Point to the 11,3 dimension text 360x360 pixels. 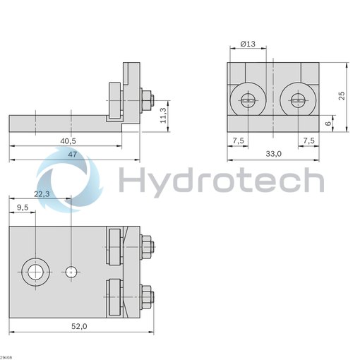tap(164, 112)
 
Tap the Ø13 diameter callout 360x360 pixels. tap(248, 44)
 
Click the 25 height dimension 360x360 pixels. tap(342, 96)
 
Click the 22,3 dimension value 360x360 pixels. tap(42, 194)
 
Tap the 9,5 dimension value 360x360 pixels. tap(22, 208)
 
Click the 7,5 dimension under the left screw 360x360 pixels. tap(238, 140)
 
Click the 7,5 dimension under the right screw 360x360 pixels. tap(308, 140)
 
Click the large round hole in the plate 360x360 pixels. tap(35, 271)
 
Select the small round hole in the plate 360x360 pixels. tap(71, 271)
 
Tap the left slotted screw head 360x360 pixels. tap(248, 100)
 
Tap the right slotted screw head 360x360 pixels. tap(297, 100)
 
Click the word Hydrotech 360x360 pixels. tap(221, 179)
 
